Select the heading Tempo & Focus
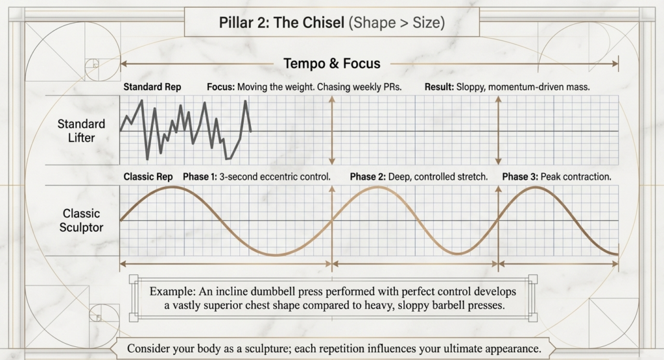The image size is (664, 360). coord(331,64)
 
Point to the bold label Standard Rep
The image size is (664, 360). coord(152,87)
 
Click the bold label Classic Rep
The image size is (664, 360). coord(148,176)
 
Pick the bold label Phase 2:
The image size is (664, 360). coord(367,176)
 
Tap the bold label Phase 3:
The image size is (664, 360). coord(519,176)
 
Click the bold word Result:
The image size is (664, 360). coord(440,87)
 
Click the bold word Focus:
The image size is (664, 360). coord(221,87)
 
